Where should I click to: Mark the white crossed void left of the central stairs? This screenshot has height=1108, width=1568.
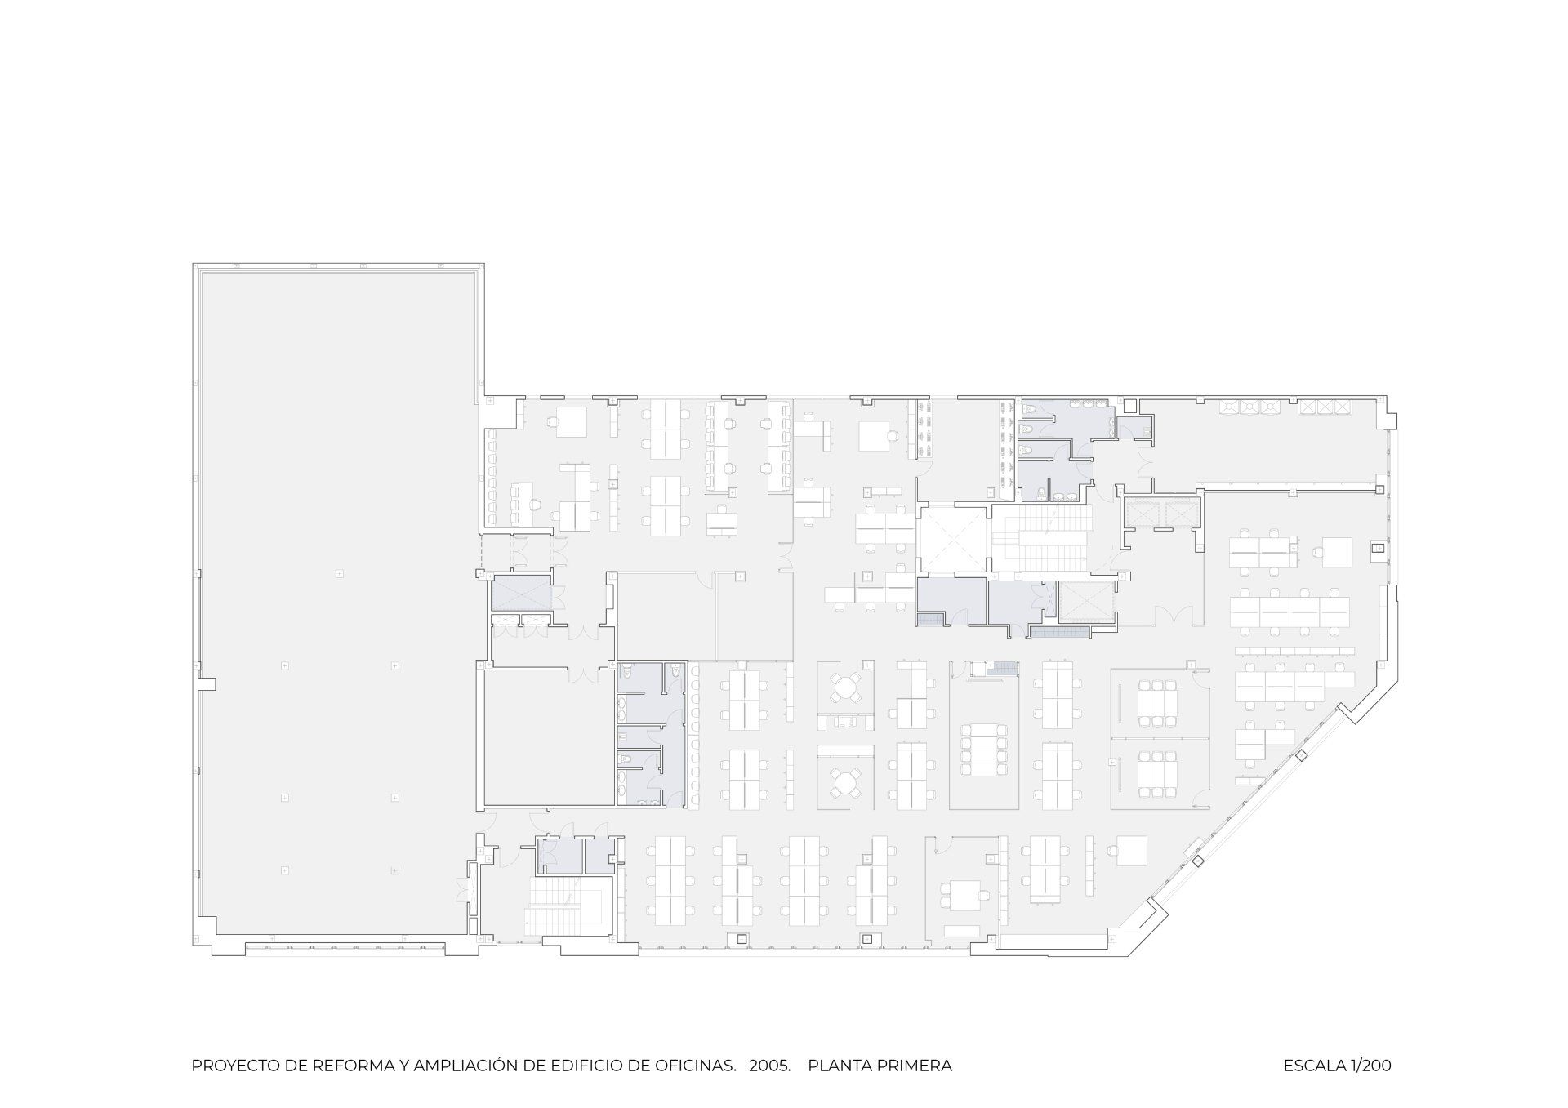(x=953, y=540)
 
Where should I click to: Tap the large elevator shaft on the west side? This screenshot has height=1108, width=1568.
(x=521, y=593)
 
